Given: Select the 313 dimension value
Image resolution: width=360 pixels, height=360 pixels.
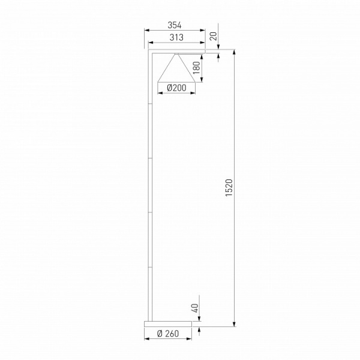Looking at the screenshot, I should click(x=175, y=37).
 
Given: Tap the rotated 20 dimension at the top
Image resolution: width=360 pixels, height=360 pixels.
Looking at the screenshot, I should click(x=213, y=35).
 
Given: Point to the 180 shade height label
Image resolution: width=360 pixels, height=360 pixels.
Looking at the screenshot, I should click(x=197, y=67).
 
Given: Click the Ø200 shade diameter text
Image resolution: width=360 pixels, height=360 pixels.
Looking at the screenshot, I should click(x=176, y=88).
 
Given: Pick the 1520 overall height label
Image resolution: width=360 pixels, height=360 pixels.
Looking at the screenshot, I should click(x=227, y=189).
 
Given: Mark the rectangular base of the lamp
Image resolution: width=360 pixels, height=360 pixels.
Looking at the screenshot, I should click(x=168, y=323).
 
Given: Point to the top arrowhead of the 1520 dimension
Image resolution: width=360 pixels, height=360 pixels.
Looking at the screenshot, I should click(x=233, y=53).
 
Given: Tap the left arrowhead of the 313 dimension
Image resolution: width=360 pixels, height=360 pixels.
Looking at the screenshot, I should click(x=151, y=43).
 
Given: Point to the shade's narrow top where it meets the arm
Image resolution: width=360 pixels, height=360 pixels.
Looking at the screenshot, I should click(x=176, y=55).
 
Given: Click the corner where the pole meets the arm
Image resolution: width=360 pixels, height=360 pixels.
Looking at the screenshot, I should click(x=149, y=53).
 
